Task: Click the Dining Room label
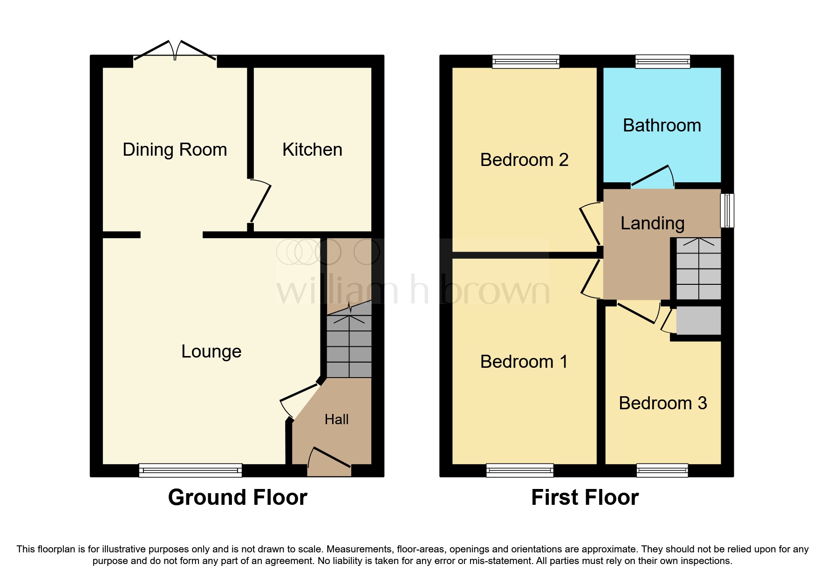pyautogui.click(x=175, y=150)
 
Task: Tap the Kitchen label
pyautogui.click(x=312, y=150)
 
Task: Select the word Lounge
pyautogui.click(x=211, y=351)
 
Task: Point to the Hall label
pyautogui.click(x=336, y=420)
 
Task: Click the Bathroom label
pyautogui.click(x=661, y=125)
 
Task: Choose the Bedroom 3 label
pyautogui.click(x=662, y=403)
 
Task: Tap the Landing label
pyautogui.click(x=652, y=223)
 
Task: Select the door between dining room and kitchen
pyautogui.click(x=260, y=203)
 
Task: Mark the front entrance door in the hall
pyautogui.click(x=330, y=459)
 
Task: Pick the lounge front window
pyautogui.click(x=190, y=470)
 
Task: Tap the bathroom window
pyautogui.click(x=662, y=61)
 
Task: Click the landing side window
pyautogui.click(x=727, y=210)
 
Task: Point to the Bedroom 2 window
pyautogui.click(x=526, y=61)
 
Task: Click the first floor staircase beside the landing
pyautogui.click(x=698, y=269)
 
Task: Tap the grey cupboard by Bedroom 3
pyautogui.click(x=698, y=320)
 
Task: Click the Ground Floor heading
pyautogui.click(x=238, y=497)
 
